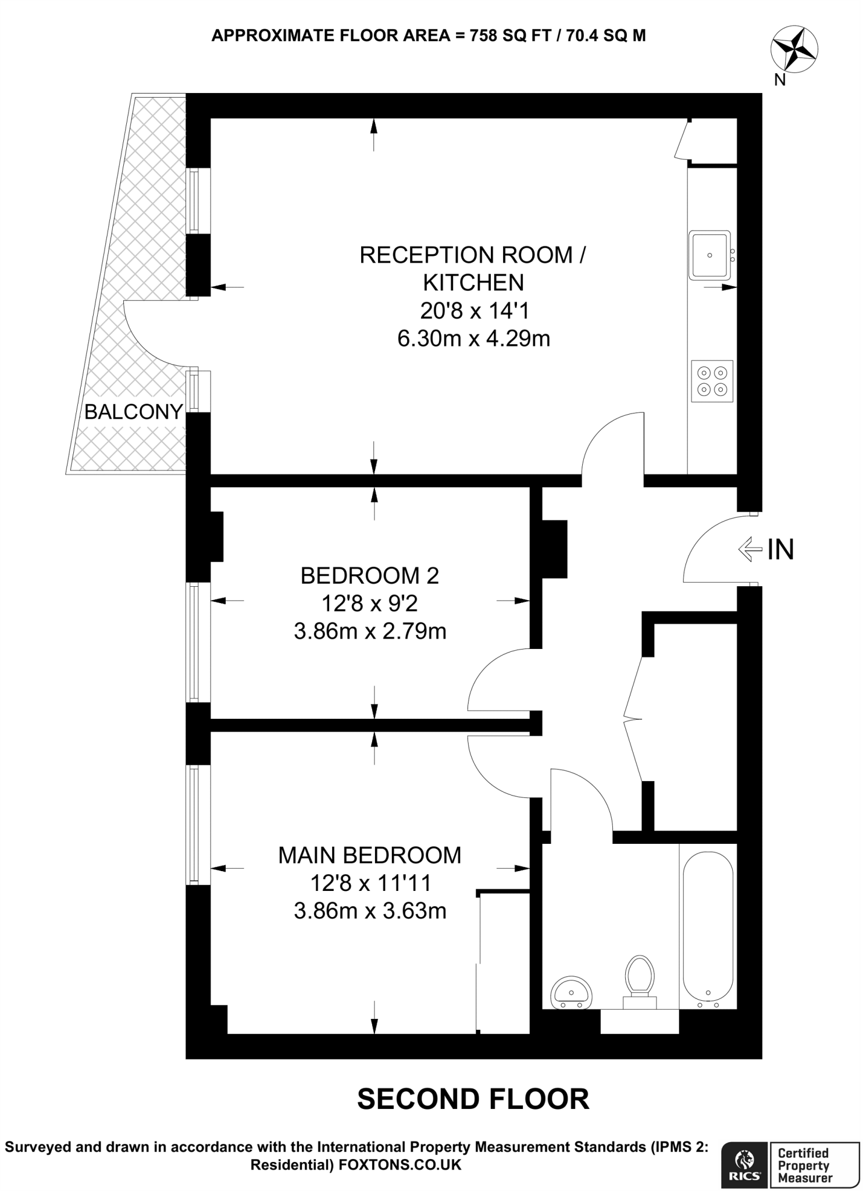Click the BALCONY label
point(134,412)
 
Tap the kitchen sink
point(709,255)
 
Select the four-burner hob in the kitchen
point(712,381)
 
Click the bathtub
point(708,930)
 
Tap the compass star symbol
point(794,51)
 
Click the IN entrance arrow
point(750,548)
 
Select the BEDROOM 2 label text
point(370,575)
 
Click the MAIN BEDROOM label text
point(370,855)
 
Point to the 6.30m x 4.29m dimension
point(474,338)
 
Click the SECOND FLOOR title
point(473,1099)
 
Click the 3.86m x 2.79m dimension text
point(370,631)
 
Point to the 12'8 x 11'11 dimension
point(370,883)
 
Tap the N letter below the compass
point(779,80)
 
